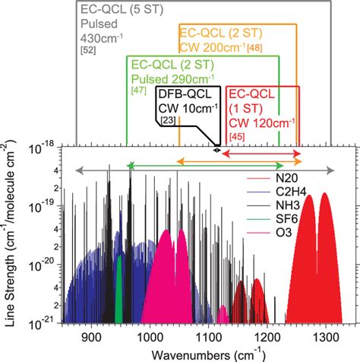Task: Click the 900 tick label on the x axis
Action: pyautogui.click(x=91, y=337)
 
